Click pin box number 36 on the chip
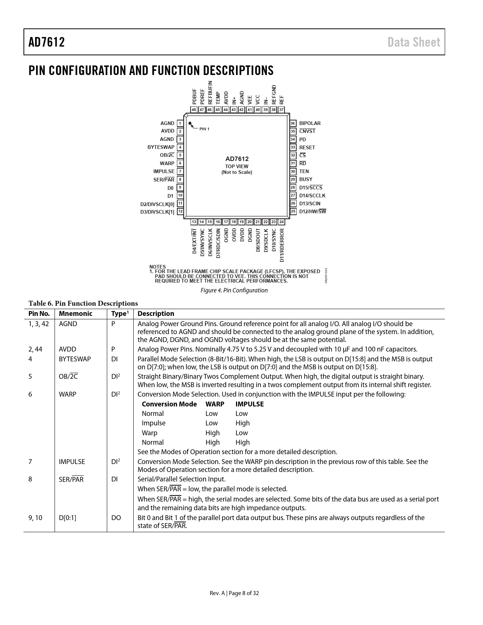click(x=293, y=123)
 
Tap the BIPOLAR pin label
click(x=310, y=123)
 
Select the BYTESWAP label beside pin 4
click(x=161, y=147)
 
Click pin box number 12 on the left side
click(x=181, y=211)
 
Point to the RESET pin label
click(x=307, y=147)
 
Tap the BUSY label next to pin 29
click(x=306, y=180)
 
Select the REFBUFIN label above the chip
click(x=210, y=92)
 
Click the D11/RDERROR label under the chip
click(x=282, y=245)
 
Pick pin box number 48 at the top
click(x=194, y=110)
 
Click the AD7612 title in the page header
click(x=47, y=42)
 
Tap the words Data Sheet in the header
click(x=414, y=42)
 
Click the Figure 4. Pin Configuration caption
click(x=234, y=291)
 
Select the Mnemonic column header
click(x=75, y=314)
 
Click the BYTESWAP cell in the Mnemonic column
click(x=75, y=359)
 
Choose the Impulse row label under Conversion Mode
click(x=153, y=423)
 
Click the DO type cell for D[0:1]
click(x=116, y=518)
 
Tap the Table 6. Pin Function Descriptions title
click(x=83, y=303)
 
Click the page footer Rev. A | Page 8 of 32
click(x=234, y=593)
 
